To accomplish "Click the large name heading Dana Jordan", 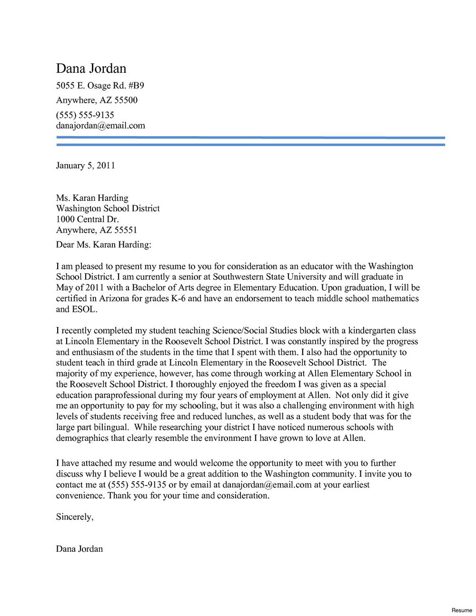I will tap(91, 69).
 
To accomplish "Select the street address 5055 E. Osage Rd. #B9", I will tap(100, 86).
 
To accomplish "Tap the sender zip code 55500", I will tap(126, 100).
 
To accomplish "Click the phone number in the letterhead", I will tap(85, 115).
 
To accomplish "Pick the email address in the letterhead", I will tap(100, 126).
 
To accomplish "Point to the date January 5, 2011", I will tap(85, 165).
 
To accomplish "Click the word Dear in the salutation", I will tap(65, 245).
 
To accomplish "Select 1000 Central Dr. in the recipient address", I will tap(87, 219).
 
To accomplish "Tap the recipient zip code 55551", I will tap(125, 230).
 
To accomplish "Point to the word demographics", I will tap(82, 438).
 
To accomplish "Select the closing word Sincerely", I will tap(74, 517).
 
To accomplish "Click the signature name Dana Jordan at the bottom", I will tap(79, 549).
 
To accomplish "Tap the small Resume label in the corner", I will tap(462, 610).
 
